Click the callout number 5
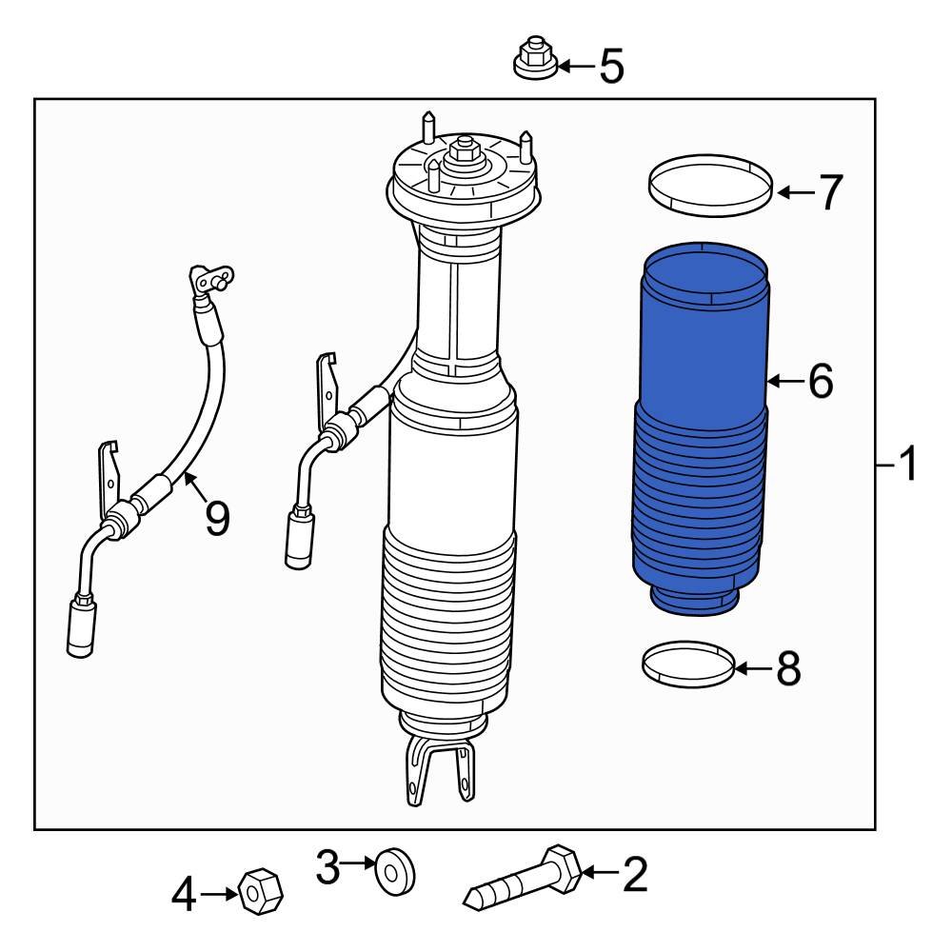(x=611, y=67)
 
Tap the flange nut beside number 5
(x=534, y=60)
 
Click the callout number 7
(x=830, y=193)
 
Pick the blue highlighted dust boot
(x=702, y=428)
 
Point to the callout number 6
(x=820, y=382)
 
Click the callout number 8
(x=788, y=669)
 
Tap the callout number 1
(x=908, y=466)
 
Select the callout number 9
(x=217, y=518)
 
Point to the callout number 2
(x=634, y=873)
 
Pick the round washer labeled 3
(x=394, y=871)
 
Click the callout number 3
(x=328, y=867)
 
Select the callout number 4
(x=185, y=894)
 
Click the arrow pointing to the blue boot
(x=784, y=382)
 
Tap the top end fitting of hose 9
(x=211, y=280)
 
